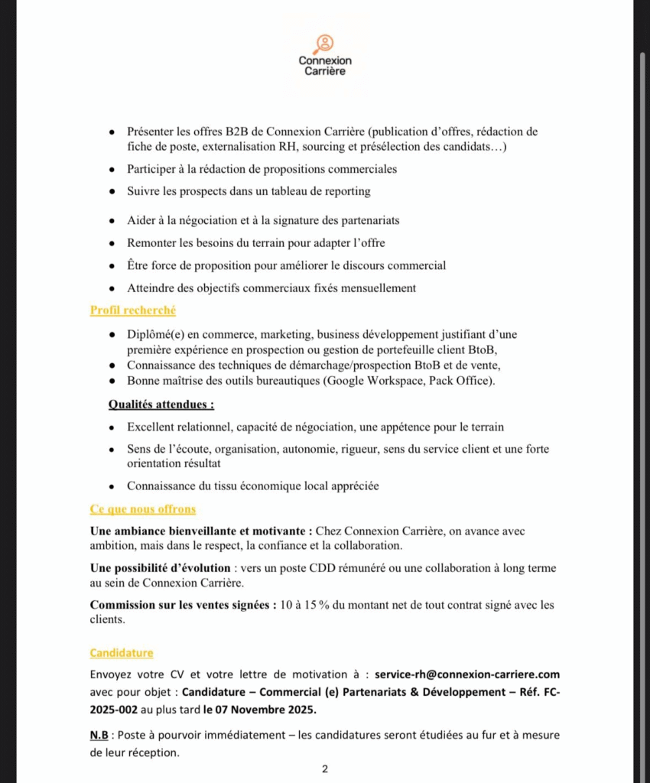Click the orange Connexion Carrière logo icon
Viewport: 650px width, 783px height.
tap(324, 43)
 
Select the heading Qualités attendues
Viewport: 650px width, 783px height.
tap(161, 404)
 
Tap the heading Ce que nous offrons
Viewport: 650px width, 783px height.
tap(142, 509)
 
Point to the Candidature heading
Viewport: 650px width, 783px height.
tap(121, 653)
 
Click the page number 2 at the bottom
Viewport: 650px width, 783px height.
tap(325, 769)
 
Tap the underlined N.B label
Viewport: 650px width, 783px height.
tap(99, 735)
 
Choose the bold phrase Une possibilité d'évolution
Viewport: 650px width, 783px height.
tap(160, 568)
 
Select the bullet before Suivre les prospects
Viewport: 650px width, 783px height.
tap(112, 191)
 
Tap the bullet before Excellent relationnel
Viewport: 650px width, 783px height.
tap(112, 427)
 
